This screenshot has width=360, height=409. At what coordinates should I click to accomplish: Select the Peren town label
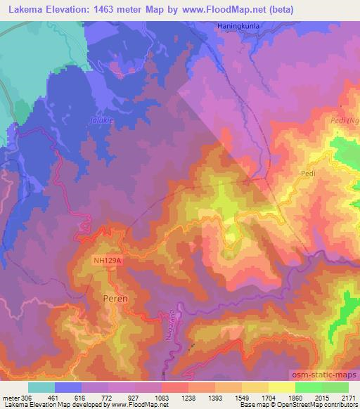tap(115, 299)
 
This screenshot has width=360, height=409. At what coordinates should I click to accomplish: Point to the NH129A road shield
tap(107, 261)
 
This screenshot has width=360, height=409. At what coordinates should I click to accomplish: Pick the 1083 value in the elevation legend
tap(162, 397)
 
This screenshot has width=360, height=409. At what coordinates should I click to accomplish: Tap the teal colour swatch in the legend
tap(41, 387)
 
